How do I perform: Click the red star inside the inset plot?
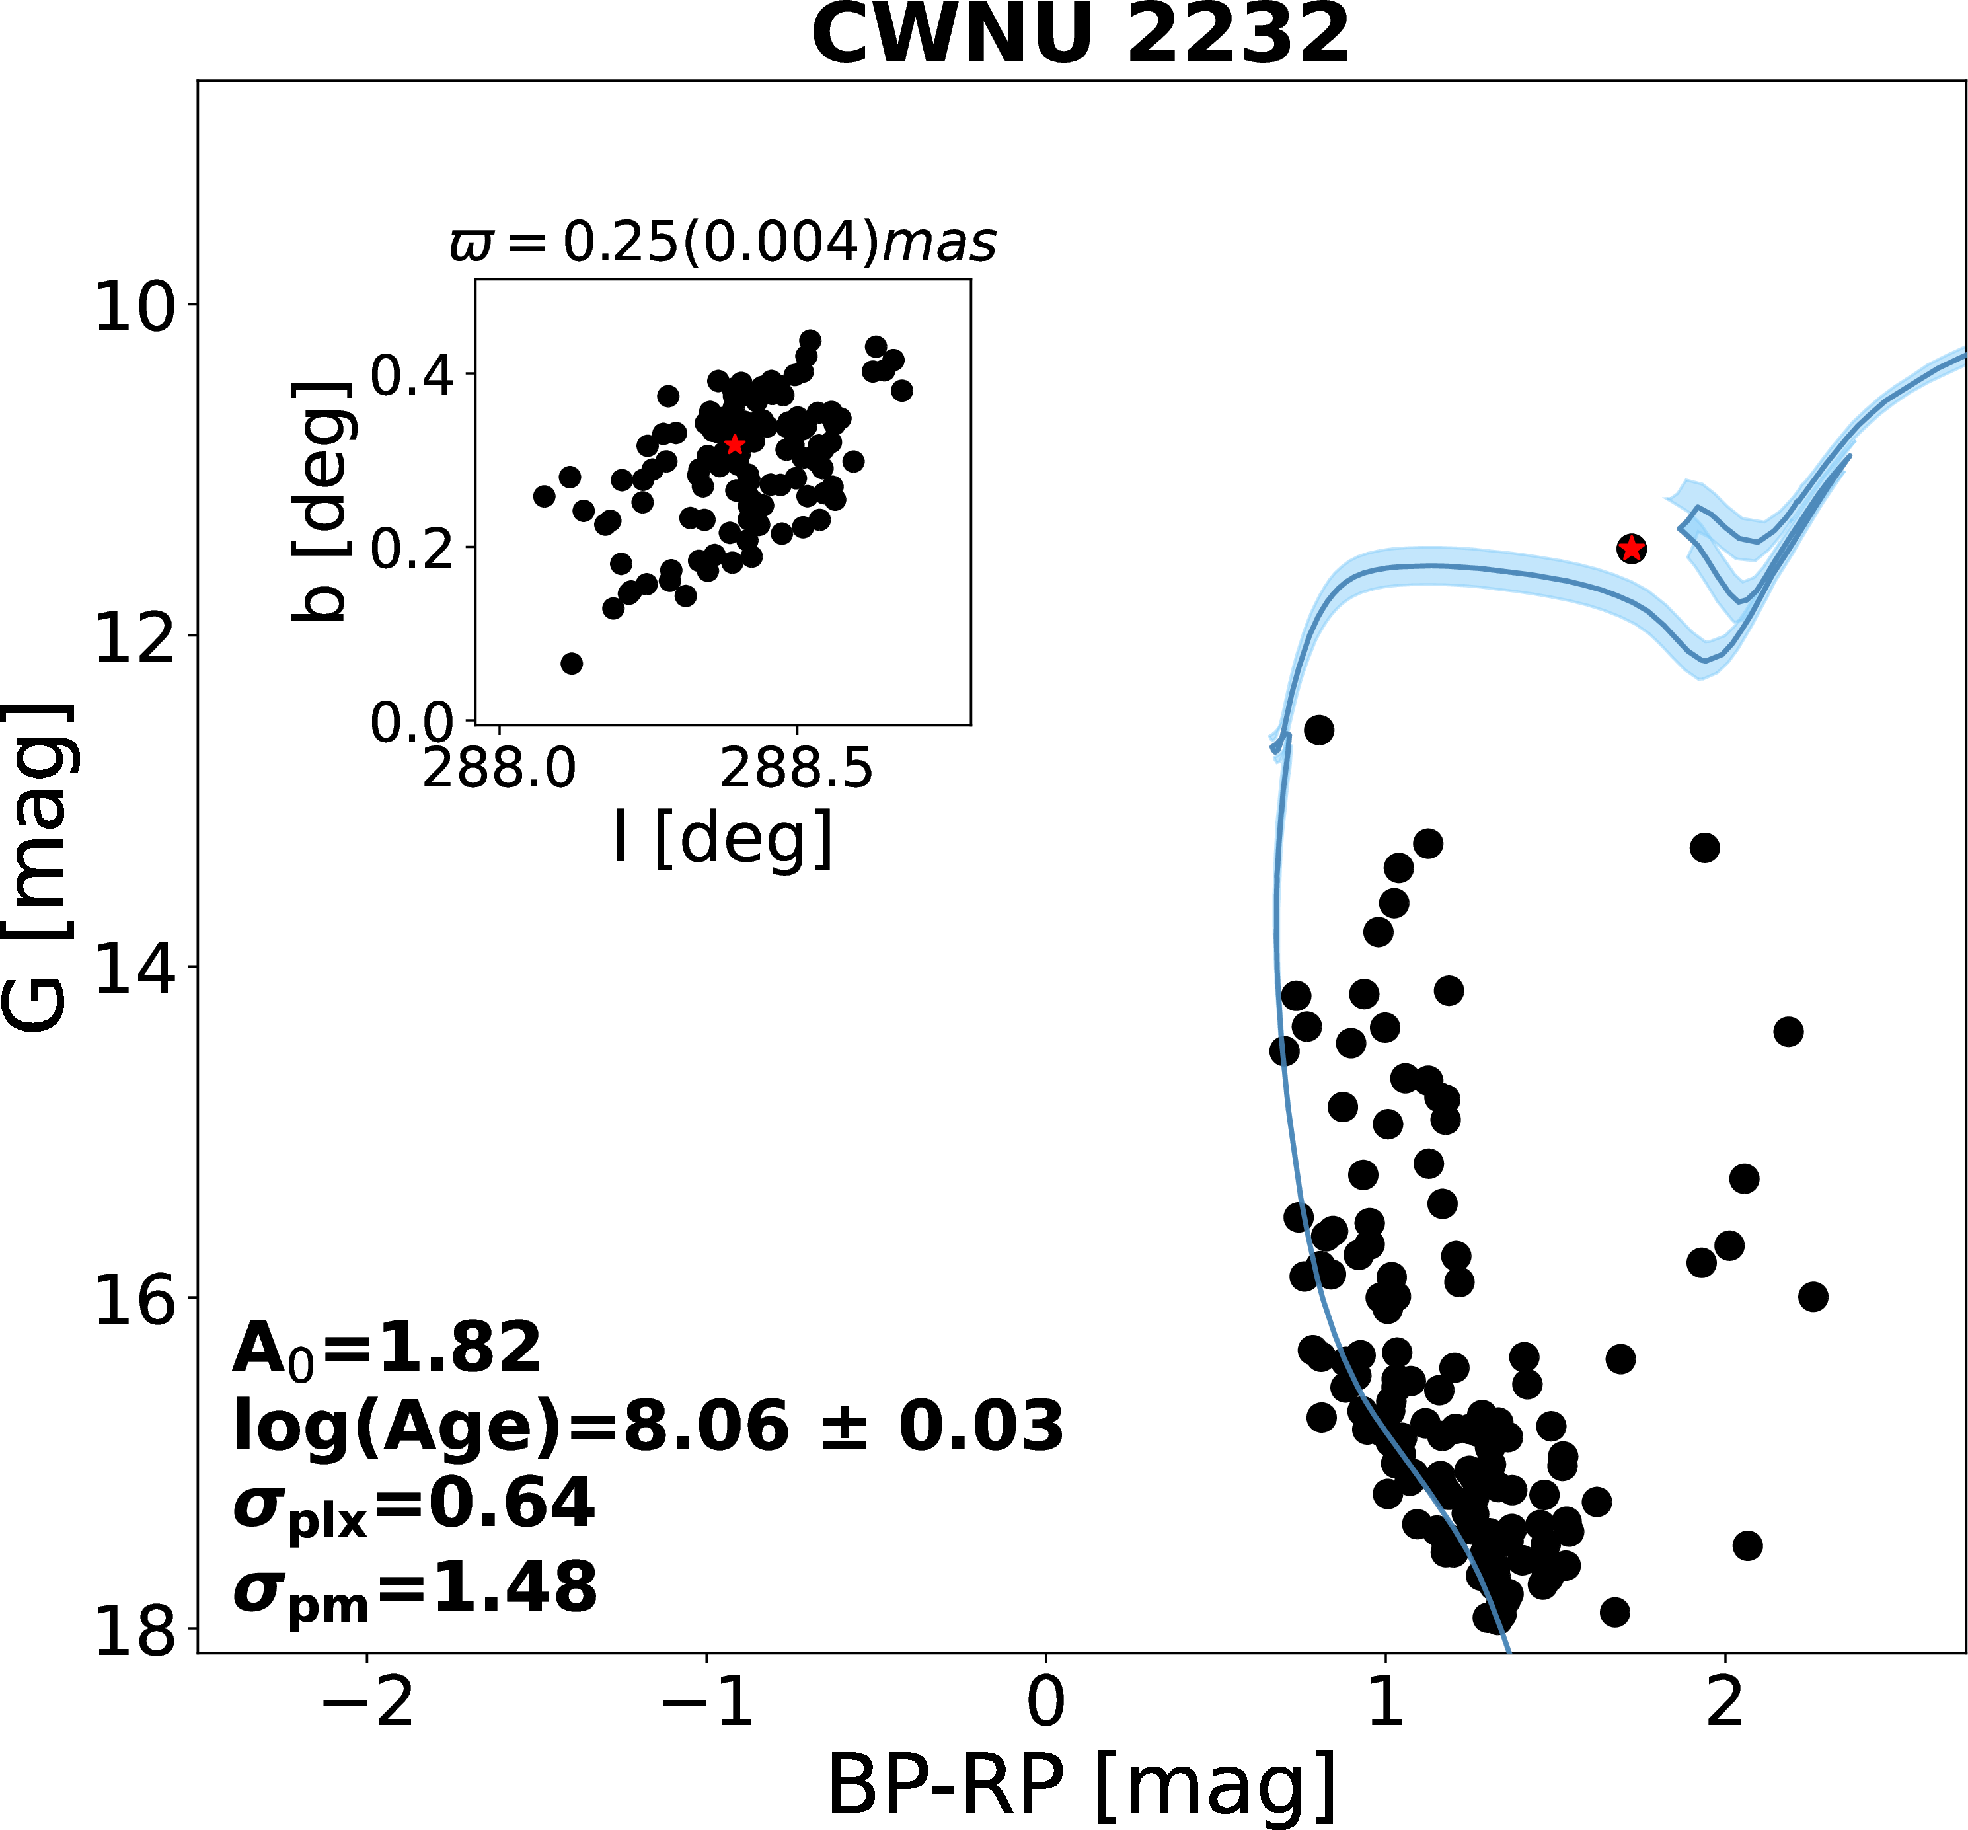coord(734,445)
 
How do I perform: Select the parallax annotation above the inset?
coord(723,242)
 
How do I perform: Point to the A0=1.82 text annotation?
coord(386,1349)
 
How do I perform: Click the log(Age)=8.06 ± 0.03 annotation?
coord(648,1427)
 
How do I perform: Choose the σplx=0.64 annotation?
coord(414,1506)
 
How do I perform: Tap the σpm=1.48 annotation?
coord(415,1588)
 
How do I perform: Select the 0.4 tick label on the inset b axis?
coord(412,375)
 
